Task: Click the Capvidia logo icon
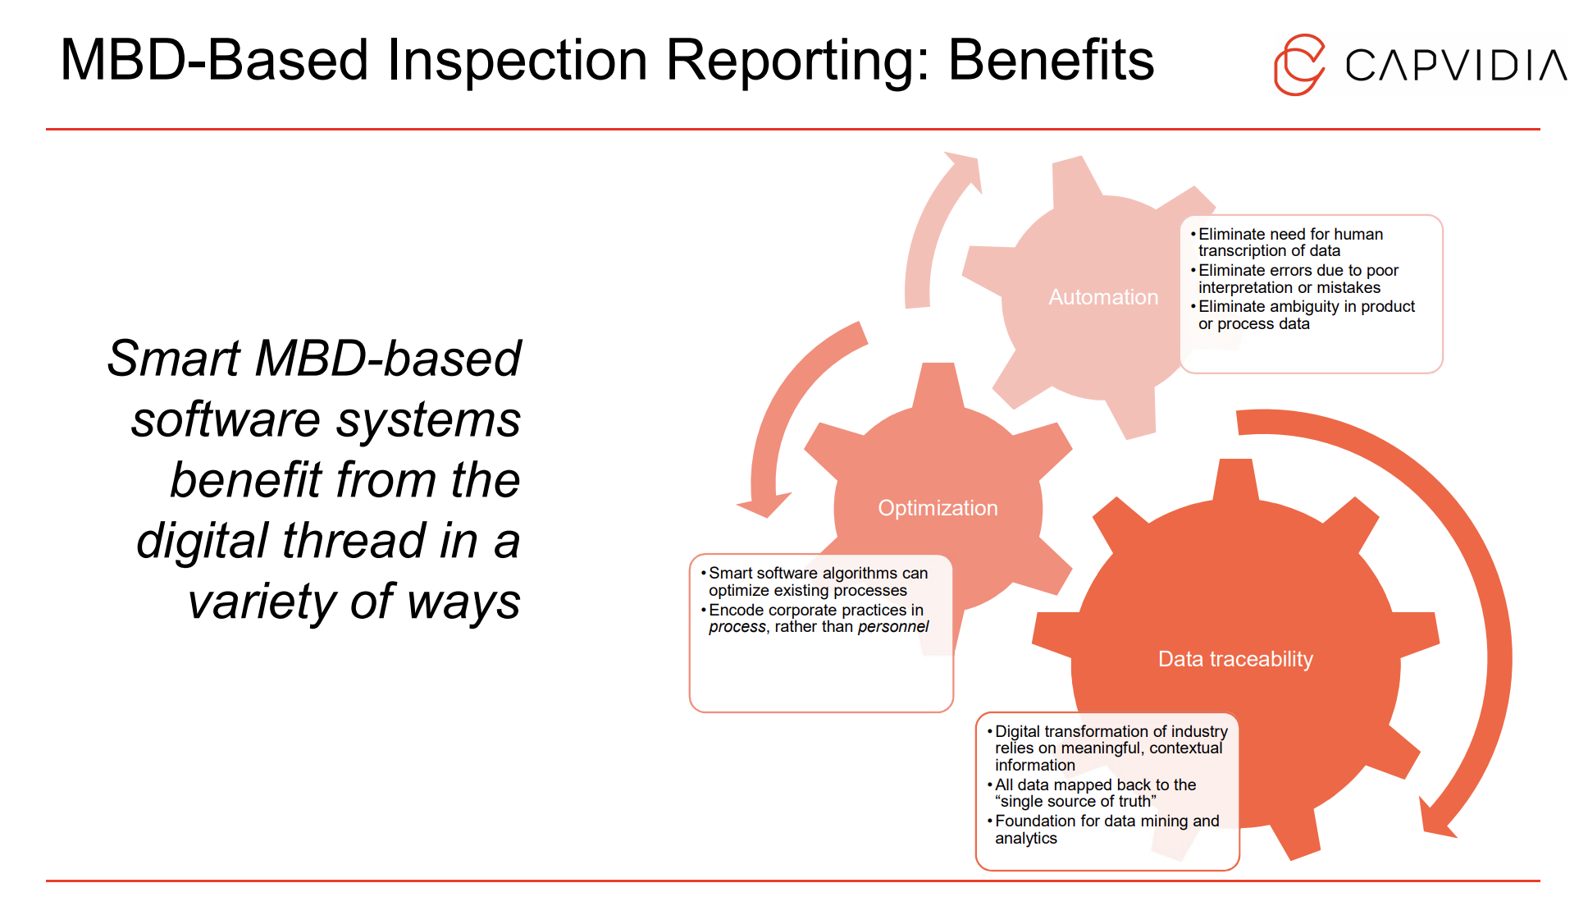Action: [x=1299, y=65]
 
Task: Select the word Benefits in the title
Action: [x=1051, y=60]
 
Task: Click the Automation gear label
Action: [x=1103, y=297]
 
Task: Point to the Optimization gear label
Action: [x=938, y=508]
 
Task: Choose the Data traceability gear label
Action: [x=1235, y=659]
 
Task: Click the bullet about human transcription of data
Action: [x=1289, y=242]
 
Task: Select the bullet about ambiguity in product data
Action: [x=1306, y=315]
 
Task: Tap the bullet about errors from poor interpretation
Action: [x=1298, y=279]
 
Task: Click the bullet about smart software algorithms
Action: [x=817, y=582]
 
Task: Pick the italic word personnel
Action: [x=893, y=627]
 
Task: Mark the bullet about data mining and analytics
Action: [x=1106, y=829]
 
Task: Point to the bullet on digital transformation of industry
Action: [x=1110, y=748]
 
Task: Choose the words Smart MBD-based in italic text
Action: [x=314, y=359]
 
